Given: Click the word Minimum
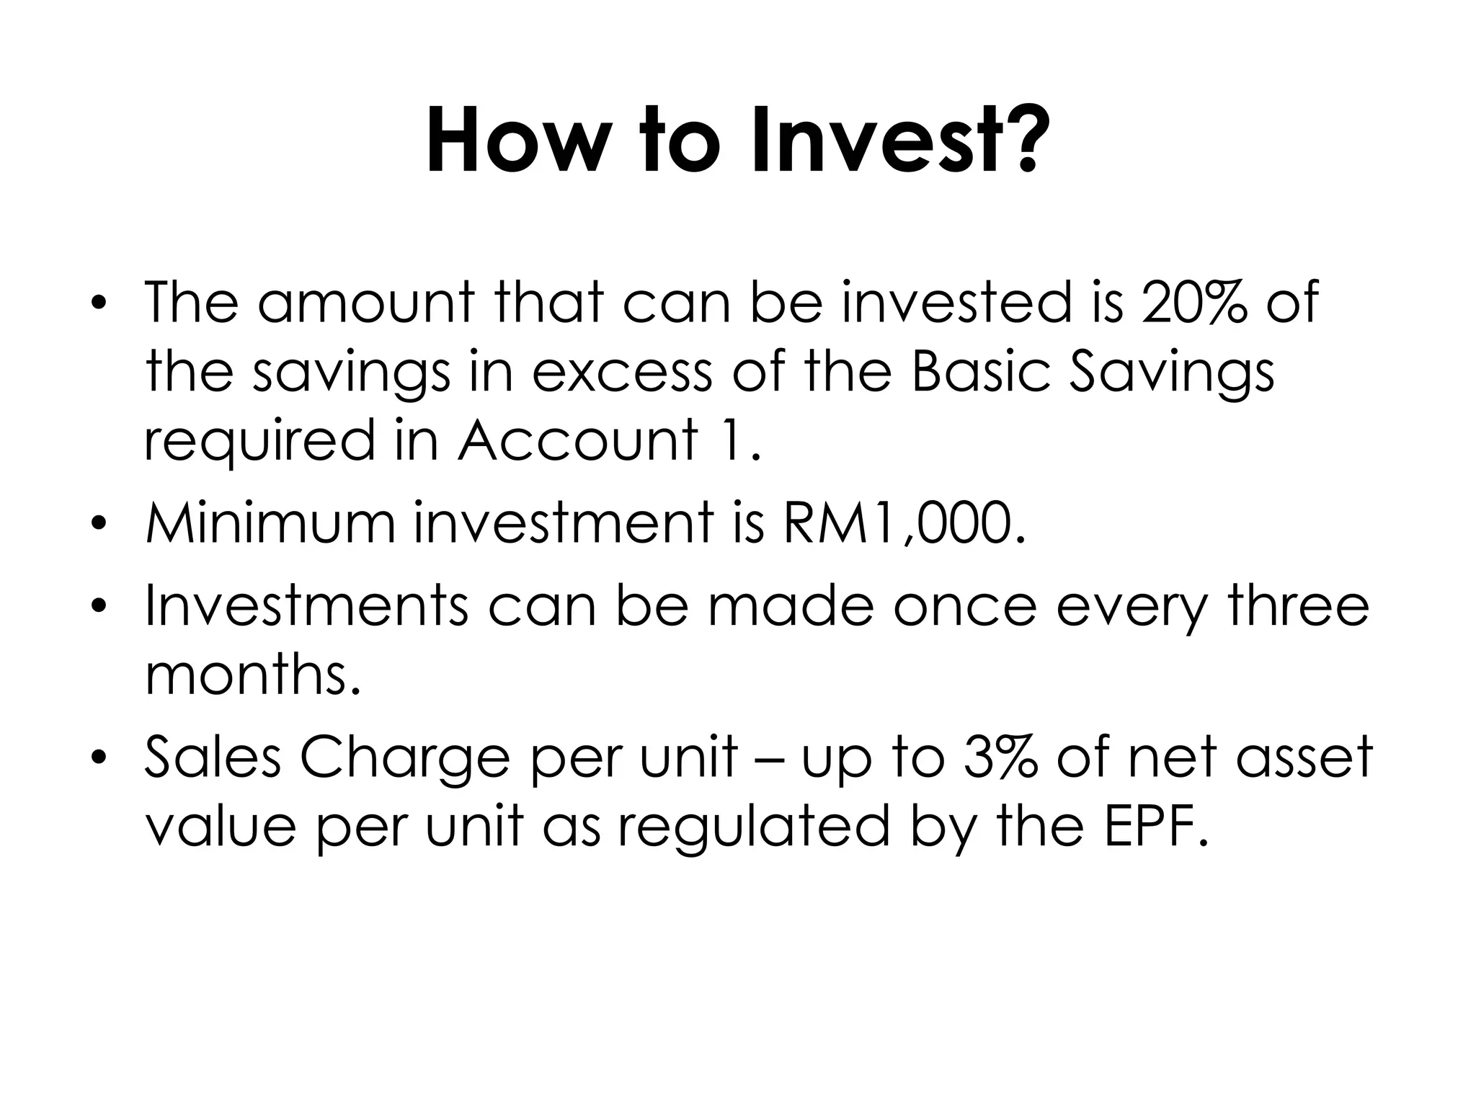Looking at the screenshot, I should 270,523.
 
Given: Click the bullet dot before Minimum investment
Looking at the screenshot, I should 99,523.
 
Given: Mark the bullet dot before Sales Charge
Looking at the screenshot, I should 99,758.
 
